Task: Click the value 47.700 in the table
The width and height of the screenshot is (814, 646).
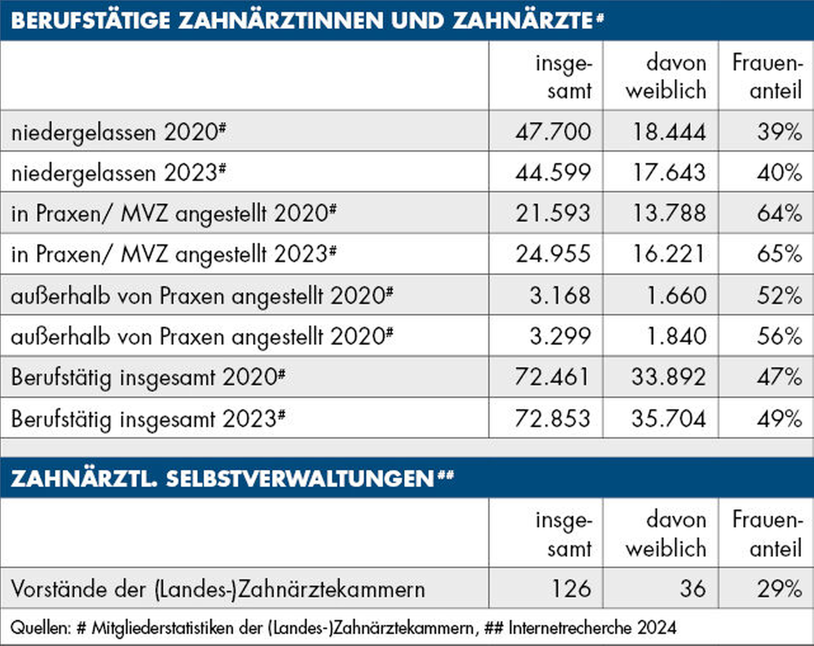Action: pyautogui.click(x=553, y=131)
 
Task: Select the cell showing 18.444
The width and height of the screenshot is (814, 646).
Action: pyautogui.click(x=669, y=131)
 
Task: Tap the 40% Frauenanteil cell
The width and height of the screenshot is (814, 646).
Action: pyautogui.click(x=779, y=173)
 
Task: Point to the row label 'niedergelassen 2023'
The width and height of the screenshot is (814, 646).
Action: pyautogui.click(x=118, y=173)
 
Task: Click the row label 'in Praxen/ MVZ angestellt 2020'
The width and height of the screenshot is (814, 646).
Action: pyautogui.click(x=174, y=214)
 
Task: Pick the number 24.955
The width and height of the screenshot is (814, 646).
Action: pyautogui.click(x=553, y=254)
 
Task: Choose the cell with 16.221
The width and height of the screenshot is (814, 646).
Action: pyautogui.click(x=669, y=254)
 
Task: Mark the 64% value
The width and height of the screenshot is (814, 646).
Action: pyautogui.click(x=779, y=213)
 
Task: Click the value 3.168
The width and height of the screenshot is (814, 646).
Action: pyautogui.click(x=560, y=295)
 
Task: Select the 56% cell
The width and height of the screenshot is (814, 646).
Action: pyautogui.click(x=779, y=336)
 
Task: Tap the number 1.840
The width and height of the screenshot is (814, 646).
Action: pyautogui.click(x=676, y=336)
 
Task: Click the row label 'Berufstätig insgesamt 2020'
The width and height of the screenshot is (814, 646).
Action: pyautogui.click(x=148, y=378)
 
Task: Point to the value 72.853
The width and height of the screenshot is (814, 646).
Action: pyautogui.click(x=552, y=418)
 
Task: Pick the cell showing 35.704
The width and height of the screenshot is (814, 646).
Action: pyautogui.click(x=668, y=418)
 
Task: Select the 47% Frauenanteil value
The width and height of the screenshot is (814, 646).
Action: pyautogui.click(x=779, y=377)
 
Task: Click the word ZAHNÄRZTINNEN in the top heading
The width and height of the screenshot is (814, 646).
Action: pyautogui.click(x=281, y=21)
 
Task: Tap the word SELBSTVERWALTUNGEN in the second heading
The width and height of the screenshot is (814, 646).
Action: pyautogui.click(x=300, y=478)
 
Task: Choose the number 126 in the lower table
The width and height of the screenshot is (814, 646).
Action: pyautogui.click(x=572, y=589)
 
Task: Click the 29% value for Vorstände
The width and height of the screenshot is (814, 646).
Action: pyautogui.click(x=779, y=589)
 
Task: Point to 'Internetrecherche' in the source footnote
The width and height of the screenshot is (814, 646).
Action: pyautogui.click(x=570, y=628)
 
